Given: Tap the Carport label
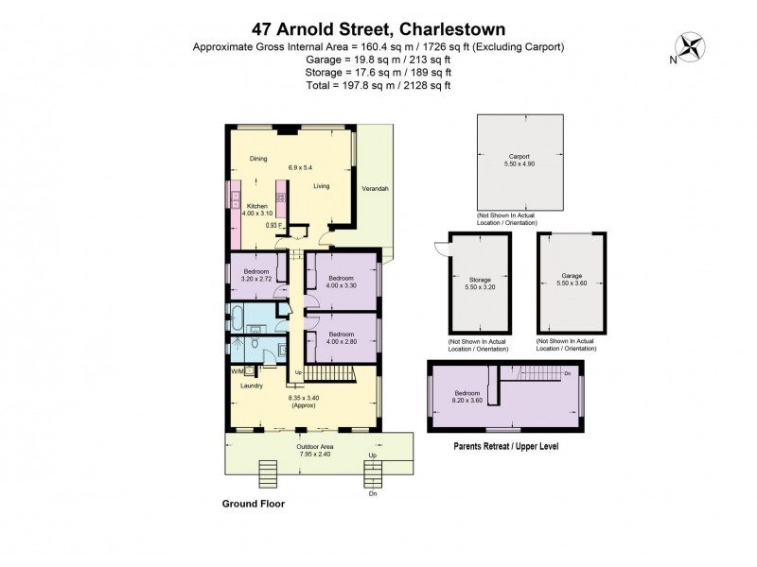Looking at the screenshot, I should pyautogui.click(x=519, y=160).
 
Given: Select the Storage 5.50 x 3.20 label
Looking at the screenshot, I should pyautogui.click(x=480, y=283).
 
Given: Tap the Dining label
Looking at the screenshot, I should pyautogui.click(x=258, y=159).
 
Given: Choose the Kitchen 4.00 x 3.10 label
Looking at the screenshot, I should pyautogui.click(x=258, y=210).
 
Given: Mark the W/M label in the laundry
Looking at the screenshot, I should pyautogui.click(x=237, y=370).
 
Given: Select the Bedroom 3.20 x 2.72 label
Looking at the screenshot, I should pyautogui.click(x=252, y=274).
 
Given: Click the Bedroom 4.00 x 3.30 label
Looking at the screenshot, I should pyautogui.click(x=341, y=282).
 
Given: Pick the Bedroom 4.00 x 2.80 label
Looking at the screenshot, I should pyautogui.click(x=341, y=338).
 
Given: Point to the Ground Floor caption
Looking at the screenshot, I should pyautogui.click(x=253, y=505).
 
